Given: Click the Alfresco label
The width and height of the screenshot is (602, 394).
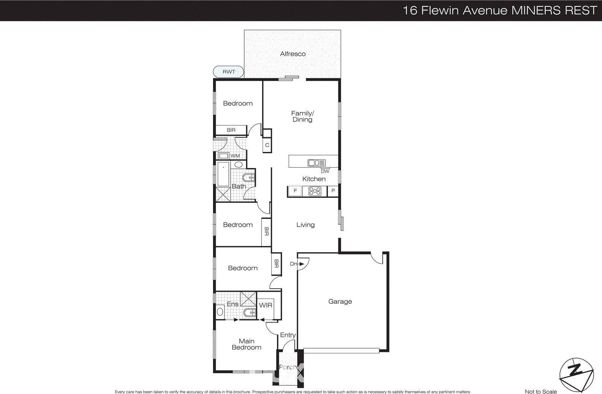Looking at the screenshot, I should [293, 54].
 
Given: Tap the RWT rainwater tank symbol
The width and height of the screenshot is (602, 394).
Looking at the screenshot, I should [228, 71].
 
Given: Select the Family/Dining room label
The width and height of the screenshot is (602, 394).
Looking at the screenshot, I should [302, 116].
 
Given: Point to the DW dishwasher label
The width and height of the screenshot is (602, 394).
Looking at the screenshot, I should [325, 171].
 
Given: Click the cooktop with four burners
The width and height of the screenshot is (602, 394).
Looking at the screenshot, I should [315, 191].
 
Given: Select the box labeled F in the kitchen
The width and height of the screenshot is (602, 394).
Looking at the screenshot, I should [295, 191].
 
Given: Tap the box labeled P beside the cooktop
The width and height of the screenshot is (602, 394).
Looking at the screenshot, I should [333, 191].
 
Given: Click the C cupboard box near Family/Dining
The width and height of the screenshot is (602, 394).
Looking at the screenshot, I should [267, 145].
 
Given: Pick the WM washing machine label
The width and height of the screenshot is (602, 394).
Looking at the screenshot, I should [235, 156].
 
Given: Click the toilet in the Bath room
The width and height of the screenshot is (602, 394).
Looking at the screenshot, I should [249, 177].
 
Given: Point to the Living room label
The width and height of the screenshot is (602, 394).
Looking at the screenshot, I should [305, 225].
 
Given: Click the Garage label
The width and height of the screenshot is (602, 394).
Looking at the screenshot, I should [340, 302].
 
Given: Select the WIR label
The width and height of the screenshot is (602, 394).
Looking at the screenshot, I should [266, 305].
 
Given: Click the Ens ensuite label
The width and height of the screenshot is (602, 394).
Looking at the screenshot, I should [233, 304].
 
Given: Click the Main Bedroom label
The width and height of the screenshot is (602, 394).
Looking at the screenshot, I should [246, 344].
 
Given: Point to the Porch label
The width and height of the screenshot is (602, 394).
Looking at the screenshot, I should [288, 367].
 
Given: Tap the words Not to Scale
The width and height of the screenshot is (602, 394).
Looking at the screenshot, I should [541, 391].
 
